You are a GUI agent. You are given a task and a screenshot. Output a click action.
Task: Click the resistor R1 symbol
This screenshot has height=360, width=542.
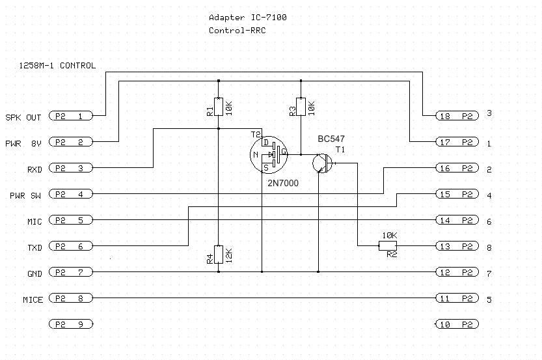(x=219, y=106)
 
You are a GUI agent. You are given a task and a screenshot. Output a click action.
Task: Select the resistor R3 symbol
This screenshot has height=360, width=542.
(x=301, y=106)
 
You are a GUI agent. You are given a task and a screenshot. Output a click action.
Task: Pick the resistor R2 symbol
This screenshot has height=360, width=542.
(x=388, y=245)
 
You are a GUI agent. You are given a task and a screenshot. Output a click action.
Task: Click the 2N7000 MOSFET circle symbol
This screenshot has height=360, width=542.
(x=268, y=155)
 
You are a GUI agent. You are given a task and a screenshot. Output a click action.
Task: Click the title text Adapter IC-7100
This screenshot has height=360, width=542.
(x=247, y=18)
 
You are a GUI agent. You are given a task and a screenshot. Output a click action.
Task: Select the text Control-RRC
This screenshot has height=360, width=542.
(x=237, y=31)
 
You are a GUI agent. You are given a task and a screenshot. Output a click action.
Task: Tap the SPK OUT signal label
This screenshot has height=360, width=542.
(x=24, y=118)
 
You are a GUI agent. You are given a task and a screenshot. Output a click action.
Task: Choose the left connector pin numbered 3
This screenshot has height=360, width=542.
(x=71, y=168)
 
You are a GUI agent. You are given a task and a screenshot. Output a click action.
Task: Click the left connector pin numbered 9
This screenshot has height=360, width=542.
(x=71, y=324)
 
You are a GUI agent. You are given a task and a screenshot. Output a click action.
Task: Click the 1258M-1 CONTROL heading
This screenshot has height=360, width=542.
(x=57, y=66)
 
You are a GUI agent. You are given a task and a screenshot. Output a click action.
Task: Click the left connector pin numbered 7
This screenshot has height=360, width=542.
(x=71, y=272)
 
